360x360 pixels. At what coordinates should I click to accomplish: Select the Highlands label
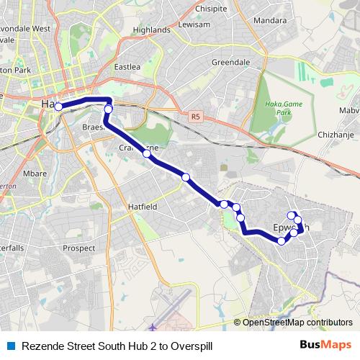pos(151,30)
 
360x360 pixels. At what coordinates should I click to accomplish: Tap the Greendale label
pos(230,63)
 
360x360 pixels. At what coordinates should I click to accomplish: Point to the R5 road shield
pos(195,115)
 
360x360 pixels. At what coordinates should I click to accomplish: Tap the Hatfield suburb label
pos(143,207)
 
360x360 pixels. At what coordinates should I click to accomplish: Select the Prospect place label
pos(79,248)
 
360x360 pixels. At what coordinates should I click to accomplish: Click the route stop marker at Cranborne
pos(147,153)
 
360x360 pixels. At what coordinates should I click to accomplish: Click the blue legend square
pos(10,346)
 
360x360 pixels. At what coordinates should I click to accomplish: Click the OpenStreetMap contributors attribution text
pos(298,322)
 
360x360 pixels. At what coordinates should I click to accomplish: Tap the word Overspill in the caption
pos(192,346)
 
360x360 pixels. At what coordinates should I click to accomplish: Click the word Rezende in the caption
pos(45,346)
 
